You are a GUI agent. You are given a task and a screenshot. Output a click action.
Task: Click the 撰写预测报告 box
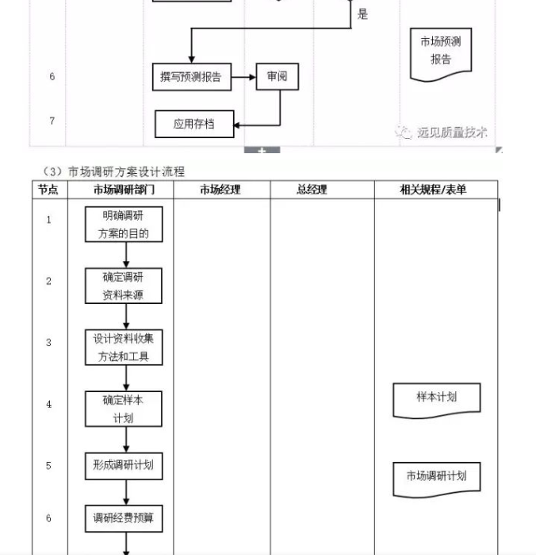click(191, 77)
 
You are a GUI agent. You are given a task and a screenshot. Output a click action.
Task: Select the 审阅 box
click(277, 77)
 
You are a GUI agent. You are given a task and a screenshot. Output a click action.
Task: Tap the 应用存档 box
click(194, 124)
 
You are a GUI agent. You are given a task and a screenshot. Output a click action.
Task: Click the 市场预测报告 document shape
click(440, 52)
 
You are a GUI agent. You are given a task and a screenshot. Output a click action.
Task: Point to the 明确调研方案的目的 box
click(124, 225)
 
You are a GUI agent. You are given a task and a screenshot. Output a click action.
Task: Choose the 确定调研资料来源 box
click(124, 286)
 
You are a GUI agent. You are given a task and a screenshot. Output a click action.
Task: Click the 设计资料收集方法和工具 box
click(124, 347)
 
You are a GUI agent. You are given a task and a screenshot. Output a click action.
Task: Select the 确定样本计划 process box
click(124, 408)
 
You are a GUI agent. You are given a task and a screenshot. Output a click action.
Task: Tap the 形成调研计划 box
click(124, 466)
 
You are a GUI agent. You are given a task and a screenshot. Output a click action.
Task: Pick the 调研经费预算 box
click(124, 519)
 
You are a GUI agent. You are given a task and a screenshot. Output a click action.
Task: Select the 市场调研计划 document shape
click(437, 478)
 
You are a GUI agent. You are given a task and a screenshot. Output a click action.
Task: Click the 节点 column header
click(49, 190)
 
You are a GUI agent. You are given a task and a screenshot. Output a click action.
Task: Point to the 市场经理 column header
click(220, 190)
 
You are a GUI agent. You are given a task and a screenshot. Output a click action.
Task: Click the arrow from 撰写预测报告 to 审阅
click(243, 77)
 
